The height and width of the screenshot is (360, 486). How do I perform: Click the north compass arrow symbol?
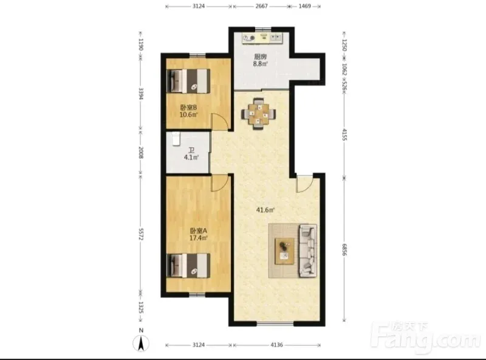[x=141, y=344]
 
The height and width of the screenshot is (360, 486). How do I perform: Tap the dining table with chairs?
[x=258, y=114]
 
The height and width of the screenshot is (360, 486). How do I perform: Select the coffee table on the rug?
[x=285, y=251]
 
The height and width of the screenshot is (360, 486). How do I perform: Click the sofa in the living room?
[x=307, y=251]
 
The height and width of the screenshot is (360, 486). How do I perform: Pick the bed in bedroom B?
[x=188, y=81]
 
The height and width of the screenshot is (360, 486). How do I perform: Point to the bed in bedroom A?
[x=188, y=266]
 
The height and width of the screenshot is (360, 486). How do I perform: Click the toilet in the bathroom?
[x=176, y=139]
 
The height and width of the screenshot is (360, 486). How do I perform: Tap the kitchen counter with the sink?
[x=262, y=38]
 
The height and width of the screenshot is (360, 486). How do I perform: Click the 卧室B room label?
[x=189, y=108]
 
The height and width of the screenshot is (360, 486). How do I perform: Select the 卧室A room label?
[x=199, y=231]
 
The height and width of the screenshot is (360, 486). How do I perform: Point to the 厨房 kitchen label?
[x=261, y=57]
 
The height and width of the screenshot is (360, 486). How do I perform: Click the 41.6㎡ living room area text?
[x=265, y=210]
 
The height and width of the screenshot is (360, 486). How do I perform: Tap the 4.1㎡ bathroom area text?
[x=191, y=157]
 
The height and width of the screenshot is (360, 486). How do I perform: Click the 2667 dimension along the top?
[x=262, y=6]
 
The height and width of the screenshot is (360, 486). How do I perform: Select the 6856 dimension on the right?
[x=344, y=249]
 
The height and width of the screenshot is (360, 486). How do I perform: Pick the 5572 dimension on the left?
[x=141, y=234]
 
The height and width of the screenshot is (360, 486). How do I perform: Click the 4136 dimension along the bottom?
[x=276, y=345]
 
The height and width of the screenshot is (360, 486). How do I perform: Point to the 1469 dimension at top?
[x=305, y=6]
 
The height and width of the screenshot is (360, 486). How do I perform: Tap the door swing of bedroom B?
[x=220, y=120]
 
